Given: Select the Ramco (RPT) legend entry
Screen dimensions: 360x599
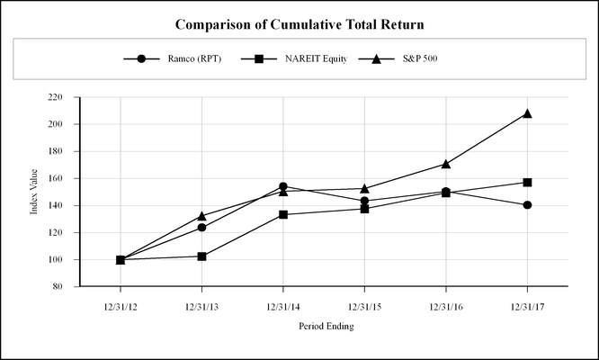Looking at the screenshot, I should pyautogui.click(x=179, y=59).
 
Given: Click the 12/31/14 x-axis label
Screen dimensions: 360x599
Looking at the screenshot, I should pyautogui.click(x=283, y=307).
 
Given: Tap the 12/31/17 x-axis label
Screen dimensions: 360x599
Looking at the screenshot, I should pyautogui.click(x=527, y=307).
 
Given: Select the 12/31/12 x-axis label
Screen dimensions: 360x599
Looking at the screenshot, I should pyautogui.click(x=121, y=307).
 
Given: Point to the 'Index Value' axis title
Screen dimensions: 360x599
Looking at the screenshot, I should pyautogui.click(x=36, y=192).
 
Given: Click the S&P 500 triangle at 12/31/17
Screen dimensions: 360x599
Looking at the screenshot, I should pyautogui.click(x=527, y=113).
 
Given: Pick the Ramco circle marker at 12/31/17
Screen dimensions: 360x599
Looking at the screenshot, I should pyautogui.click(x=527, y=205).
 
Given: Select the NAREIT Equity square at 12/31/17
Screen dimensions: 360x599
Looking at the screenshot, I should pyautogui.click(x=527, y=183).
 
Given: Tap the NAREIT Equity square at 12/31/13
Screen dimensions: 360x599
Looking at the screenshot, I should pyautogui.click(x=202, y=256).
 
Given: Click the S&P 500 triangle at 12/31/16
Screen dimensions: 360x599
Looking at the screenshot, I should pyautogui.click(x=446, y=164).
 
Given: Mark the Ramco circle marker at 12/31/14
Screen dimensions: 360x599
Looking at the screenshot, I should pyautogui.click(x=283, y=186).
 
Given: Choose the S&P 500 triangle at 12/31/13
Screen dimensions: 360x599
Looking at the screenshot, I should pyautogui.click(x=202, y=216).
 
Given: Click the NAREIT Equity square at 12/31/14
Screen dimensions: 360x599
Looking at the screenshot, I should pyautogui.click(x=283, y=214).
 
